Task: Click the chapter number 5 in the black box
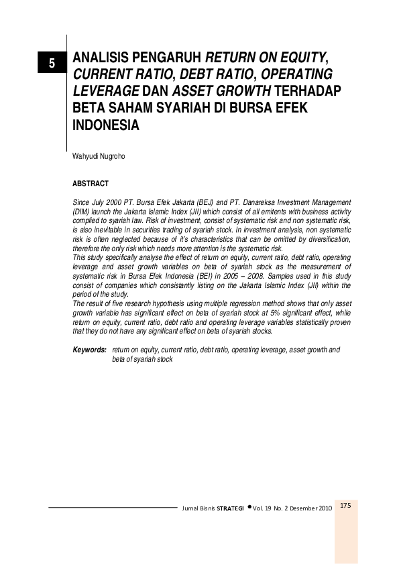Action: point(51,64)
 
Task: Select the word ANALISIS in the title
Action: point(100,58)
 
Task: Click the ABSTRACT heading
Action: point(90,184)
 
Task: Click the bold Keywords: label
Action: point(89,350)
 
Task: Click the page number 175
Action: point(346,506)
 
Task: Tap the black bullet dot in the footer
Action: point(249,507)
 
